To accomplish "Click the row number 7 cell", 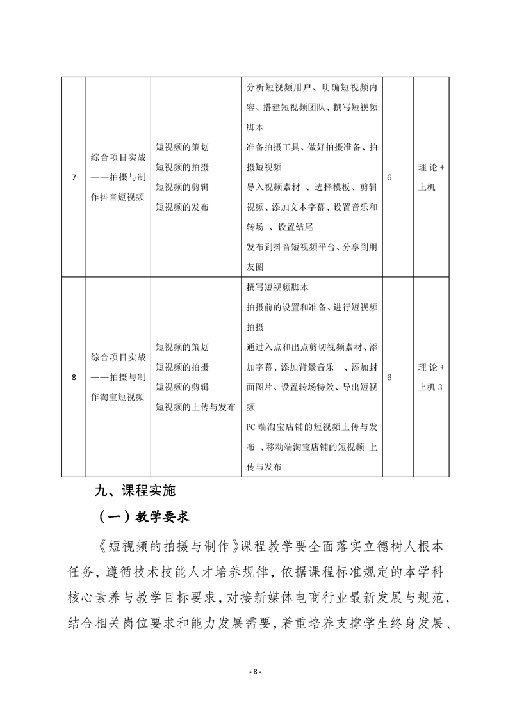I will tap(74, 177).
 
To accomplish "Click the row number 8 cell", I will tap(74, 378).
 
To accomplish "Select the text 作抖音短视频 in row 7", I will tap(118, 198).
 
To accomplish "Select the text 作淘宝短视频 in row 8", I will tap(118, 397).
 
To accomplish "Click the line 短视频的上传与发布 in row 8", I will tap(195, 407).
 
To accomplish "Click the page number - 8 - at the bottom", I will tap(254, 671).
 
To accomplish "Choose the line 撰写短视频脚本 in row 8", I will tap(277, 287).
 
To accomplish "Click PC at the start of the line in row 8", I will tap(250, 427).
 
